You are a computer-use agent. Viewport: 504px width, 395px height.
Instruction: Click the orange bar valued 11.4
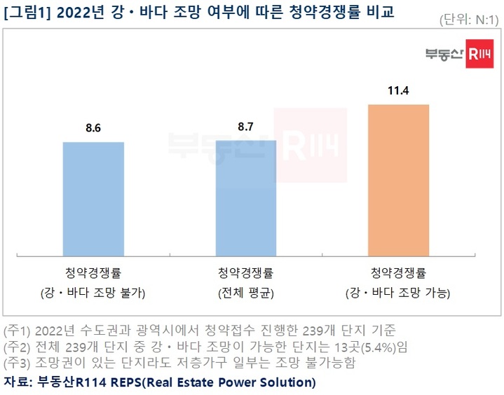(398, 179)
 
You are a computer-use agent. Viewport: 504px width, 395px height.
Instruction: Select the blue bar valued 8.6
(93, 197)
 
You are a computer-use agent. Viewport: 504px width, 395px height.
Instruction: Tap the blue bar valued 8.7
(245, 197)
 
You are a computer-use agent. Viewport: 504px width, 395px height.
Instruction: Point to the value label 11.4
(398, 90)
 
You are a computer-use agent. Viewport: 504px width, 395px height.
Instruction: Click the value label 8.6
(93, 128)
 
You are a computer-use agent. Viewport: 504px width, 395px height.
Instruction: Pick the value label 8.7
(246, 127)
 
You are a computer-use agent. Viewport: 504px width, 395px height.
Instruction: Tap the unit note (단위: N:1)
(469, 20)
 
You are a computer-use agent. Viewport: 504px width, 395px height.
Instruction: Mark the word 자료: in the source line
(18, 382)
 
